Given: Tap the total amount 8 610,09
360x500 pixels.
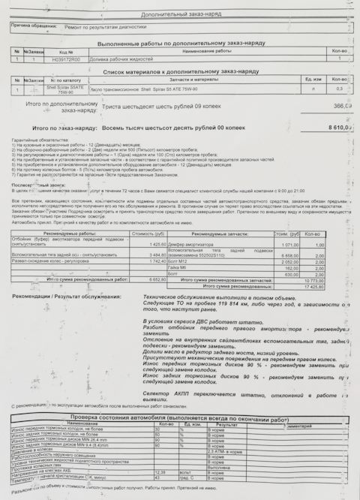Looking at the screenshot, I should click(339, 128).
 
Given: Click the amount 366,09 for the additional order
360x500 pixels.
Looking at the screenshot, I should click(342, 107).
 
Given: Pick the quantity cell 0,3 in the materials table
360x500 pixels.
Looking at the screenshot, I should click(339, 89).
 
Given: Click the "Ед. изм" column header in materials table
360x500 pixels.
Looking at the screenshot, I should click(312, 78).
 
